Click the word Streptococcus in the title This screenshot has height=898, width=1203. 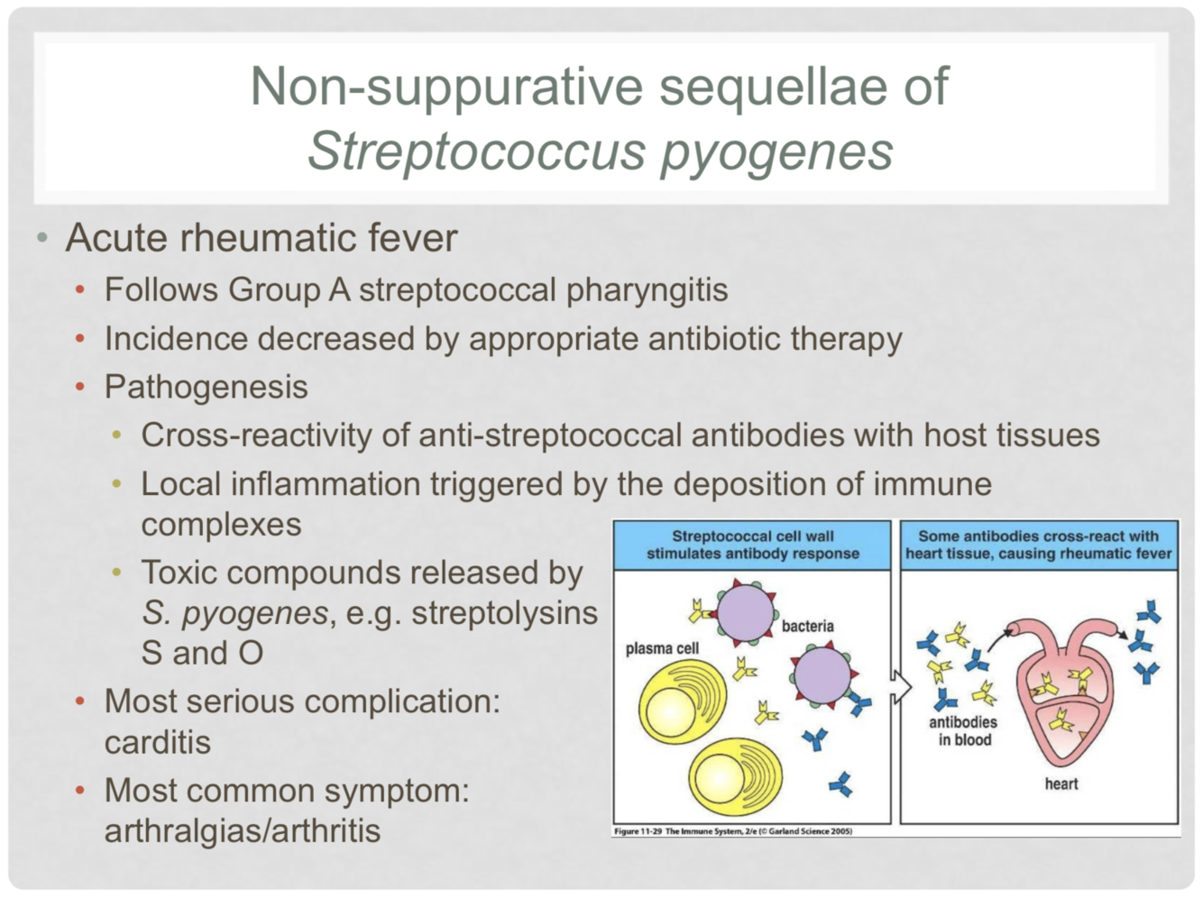coord(477,150)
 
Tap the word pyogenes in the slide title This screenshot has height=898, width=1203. coord(776,151)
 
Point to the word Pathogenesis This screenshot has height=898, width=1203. coord(206,387)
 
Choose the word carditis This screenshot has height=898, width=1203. coord(157,742)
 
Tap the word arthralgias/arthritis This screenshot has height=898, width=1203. coord(242,830)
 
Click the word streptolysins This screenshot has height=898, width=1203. coord(504,613)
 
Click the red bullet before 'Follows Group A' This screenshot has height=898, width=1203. coord(80,290)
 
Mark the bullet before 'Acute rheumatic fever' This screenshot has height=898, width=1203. coord(41,239)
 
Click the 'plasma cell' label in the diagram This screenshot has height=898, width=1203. coord(662,648)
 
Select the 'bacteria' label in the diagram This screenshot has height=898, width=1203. coord(807,626)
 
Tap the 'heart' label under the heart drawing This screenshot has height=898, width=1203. coord(1061,783)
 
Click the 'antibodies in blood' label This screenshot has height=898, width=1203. coord(963,731)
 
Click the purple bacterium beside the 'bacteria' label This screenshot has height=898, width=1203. coord(747,612)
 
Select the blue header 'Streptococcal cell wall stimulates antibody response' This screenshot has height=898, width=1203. coord(752,545)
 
